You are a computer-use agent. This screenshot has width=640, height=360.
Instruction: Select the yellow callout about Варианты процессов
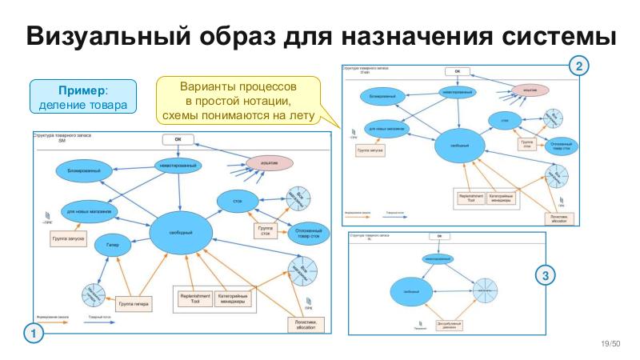(238, 100)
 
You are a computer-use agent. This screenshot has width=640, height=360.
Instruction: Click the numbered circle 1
(33, 332)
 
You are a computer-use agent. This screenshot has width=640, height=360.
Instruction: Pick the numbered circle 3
(546, 276)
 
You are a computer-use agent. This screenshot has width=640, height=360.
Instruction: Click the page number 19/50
(610, 343)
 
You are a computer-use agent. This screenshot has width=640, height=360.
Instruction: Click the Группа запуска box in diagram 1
(68, 238)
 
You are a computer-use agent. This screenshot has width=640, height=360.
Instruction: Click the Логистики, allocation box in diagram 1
(306, 325)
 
